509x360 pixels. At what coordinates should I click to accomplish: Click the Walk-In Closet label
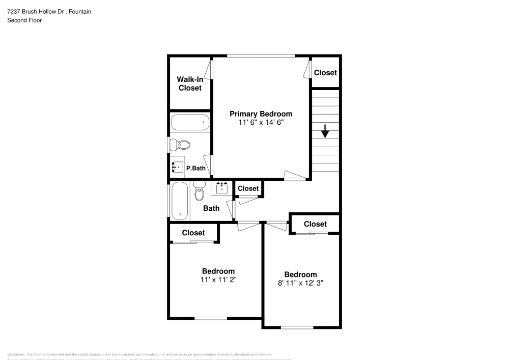click(189, 84)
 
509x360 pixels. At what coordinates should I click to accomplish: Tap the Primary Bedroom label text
click(261, 114)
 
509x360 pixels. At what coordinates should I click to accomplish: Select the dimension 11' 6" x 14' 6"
click(261, 123)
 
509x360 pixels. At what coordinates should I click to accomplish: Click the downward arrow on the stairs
click(325, 131)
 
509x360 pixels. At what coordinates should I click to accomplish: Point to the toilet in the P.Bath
click(180, 145)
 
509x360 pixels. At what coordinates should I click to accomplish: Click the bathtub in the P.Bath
click(189, 123)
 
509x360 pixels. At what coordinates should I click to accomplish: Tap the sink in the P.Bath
click(178, 167)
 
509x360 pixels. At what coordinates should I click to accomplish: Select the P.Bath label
click(195, 168)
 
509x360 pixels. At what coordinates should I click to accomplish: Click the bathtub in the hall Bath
click(179, 201)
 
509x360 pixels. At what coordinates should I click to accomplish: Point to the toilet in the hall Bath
click(199, 191)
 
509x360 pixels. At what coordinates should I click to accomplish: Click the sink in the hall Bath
click(221, 188)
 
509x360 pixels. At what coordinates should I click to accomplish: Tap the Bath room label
click(211, 208)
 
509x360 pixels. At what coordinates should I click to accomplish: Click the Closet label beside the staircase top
click(325, 72)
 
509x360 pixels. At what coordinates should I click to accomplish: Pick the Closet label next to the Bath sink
click(248, 188)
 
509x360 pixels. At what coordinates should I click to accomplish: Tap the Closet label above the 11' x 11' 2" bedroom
click(193, 233)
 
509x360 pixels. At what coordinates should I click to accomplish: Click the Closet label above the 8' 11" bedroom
click(315, 224)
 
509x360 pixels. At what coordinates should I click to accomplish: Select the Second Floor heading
click(24, 20)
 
